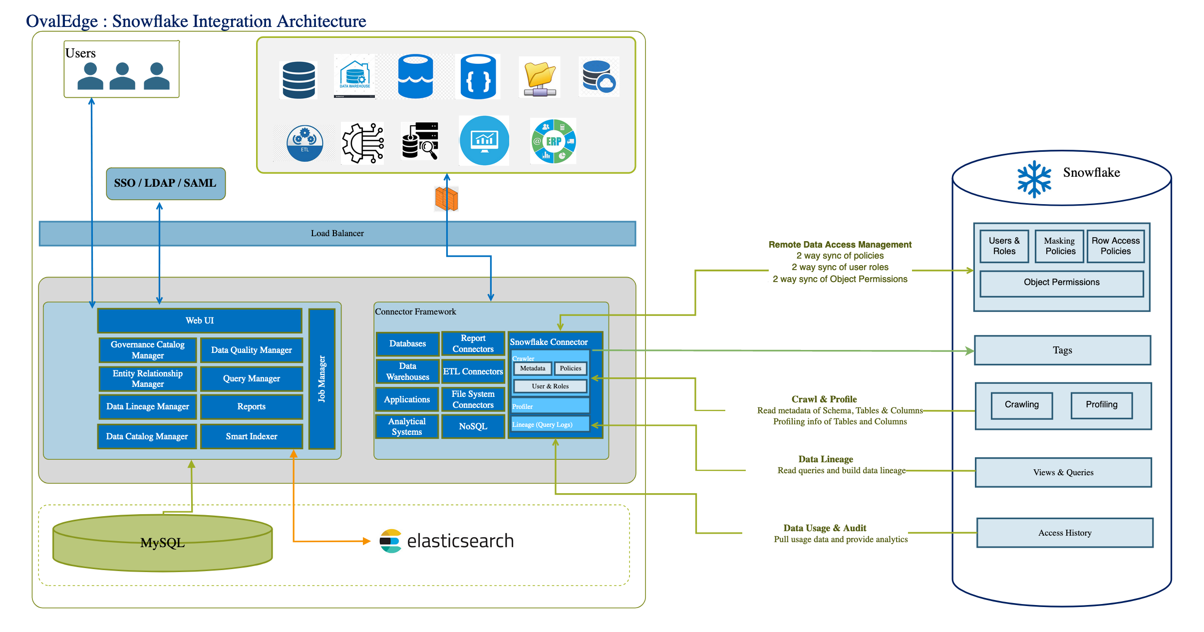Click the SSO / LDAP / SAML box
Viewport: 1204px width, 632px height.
pyautogui.click(x=166, y=183)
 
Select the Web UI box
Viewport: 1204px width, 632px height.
pyautogui.click(x=200, y=320)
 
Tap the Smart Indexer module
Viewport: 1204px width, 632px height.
pyautogui.click(x=251, y=436)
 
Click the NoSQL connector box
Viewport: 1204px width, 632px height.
pyautogui.click(x=473, y=426)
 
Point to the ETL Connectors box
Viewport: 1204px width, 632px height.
pyautogui.click(x=473, y=371)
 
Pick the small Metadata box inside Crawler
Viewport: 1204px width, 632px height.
pyautogui.click(x=533, y=368)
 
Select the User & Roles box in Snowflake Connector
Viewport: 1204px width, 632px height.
pyautogui.click(x=550, y=386)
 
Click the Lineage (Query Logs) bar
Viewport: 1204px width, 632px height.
pyautogui.click(x=549, y=424)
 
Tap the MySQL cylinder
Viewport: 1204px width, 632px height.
pyautogui.click(x=162, y=543)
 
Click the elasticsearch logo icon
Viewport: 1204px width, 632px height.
pyautogui.click(x=390, y=541)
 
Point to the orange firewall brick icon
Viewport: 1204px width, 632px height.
pyautogui.click(x=446, y=199)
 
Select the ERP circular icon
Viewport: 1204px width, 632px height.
pyautogui.click(x=554, y=141)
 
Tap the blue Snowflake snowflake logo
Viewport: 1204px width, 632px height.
pyautogui.click(x=1034, y=179)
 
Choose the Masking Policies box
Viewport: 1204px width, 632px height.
pyautogui.click(x=1060, y=246)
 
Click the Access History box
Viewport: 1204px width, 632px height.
pyautogui.click(x=1064, y=533)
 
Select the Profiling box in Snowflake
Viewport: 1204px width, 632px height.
pyautogui.click(x=1101, y=405)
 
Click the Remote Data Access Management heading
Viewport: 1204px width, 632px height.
pyautogui.click(x=840, y=245)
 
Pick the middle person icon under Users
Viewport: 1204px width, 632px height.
pyautogui.click(x=122, y=76)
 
